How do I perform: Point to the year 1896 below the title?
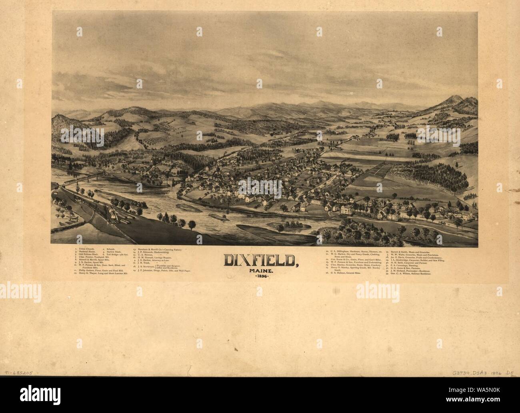coord(260,276)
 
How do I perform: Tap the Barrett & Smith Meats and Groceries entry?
coord(404,252)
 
